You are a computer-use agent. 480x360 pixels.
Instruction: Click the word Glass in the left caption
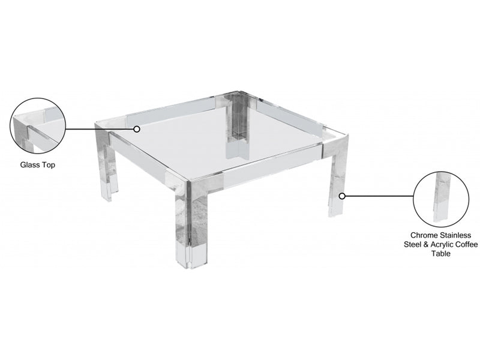pyautogui.click(x=31, y=165)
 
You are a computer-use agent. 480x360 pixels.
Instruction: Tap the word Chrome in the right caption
pyautogui.click(x=424, y=235)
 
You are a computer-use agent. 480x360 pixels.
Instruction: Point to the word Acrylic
pyautogui.click(x=442, y=245)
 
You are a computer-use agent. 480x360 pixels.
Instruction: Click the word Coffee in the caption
pyautogui.click(x=467, y=245)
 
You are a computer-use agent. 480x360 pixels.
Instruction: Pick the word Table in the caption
pyautogui.click(x=441, y=254)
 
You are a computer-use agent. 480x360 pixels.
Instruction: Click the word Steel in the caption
pyautogui.click(x=413, y=245)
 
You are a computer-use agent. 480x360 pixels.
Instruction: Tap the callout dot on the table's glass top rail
pyautogui.click(x=137, y=129)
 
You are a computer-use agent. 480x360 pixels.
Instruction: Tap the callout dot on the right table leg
pyautogui.click(x=342, y=196)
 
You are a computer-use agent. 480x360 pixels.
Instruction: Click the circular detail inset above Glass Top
pyautogui.click(x=38, y=126)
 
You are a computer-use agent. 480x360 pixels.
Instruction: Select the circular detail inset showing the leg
pyautogui.click(x=441, y=199)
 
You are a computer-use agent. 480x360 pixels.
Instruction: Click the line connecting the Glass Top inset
pyautogui.click(x=100, y=129)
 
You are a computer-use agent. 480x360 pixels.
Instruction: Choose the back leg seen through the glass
pyautogui.click(x=236, y=125)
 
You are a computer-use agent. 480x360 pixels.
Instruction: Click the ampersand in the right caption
pyautogui.click(x=426, y=245)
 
